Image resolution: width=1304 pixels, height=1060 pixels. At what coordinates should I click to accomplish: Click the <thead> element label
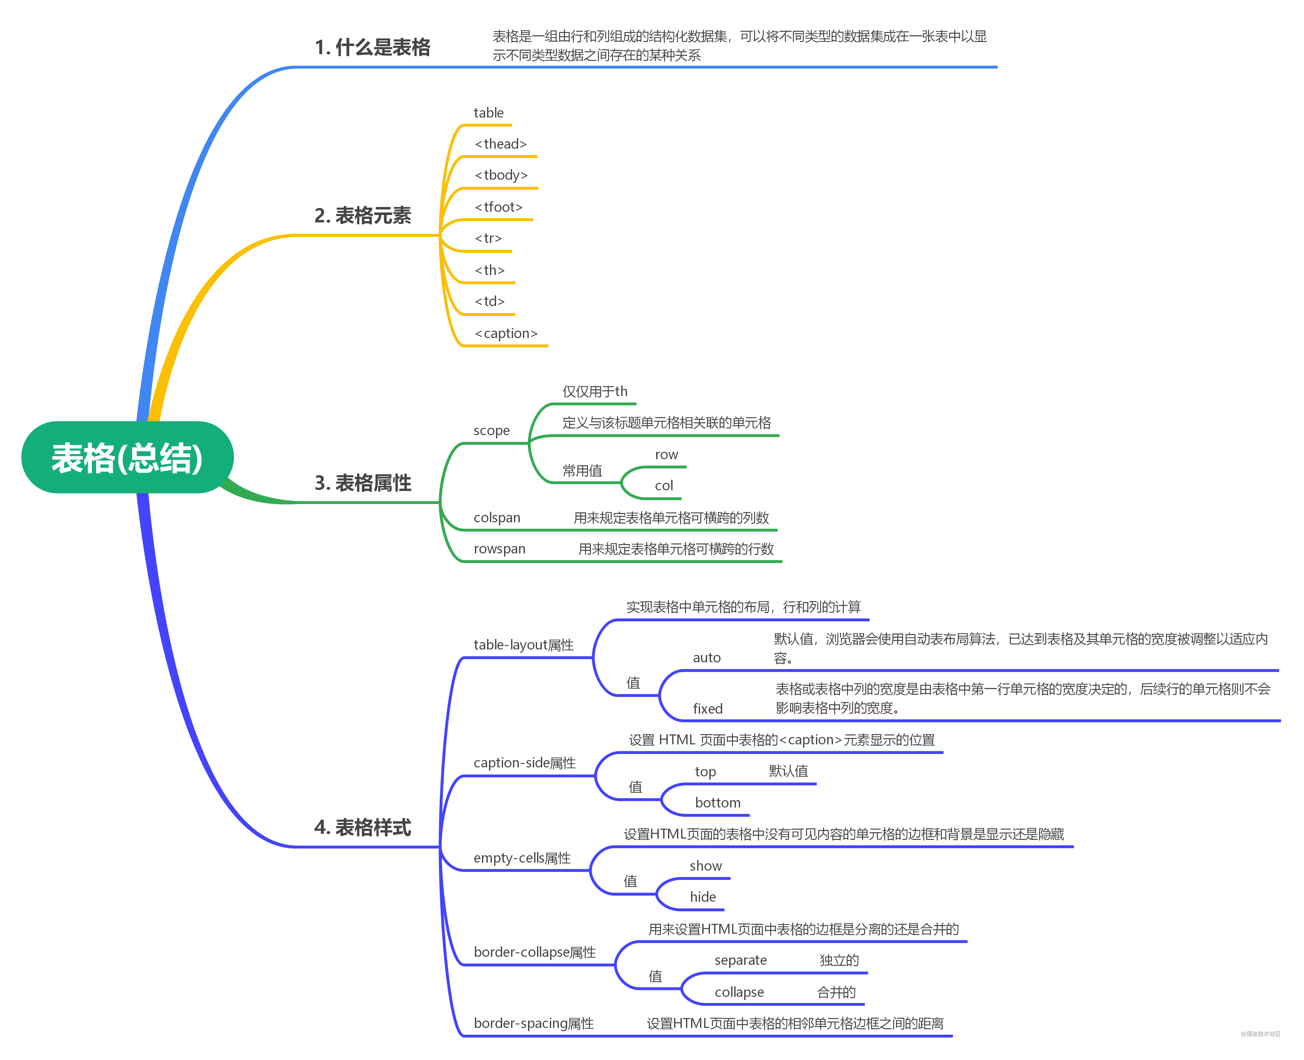click(500, 144)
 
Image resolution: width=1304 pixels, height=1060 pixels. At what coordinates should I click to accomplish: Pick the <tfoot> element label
click(499, 207)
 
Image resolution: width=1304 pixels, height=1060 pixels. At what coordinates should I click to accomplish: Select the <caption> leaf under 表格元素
click(506, 333)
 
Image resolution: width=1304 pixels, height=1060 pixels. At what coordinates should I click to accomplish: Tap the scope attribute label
click(491, 430)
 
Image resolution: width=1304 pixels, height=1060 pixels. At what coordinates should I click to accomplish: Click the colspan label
click(497, 518)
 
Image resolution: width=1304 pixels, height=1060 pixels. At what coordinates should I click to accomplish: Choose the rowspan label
click(499, 549)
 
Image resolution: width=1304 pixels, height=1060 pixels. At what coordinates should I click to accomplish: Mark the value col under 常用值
click(664, 486)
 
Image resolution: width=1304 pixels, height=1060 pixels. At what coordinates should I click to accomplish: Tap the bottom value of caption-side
click(718, 803)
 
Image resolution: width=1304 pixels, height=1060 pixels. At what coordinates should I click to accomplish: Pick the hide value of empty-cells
click(703, 897)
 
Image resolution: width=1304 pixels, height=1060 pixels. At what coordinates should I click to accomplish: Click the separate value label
click(741, 960)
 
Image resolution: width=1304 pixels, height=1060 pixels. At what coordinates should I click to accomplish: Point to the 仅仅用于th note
click(595, 391)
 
